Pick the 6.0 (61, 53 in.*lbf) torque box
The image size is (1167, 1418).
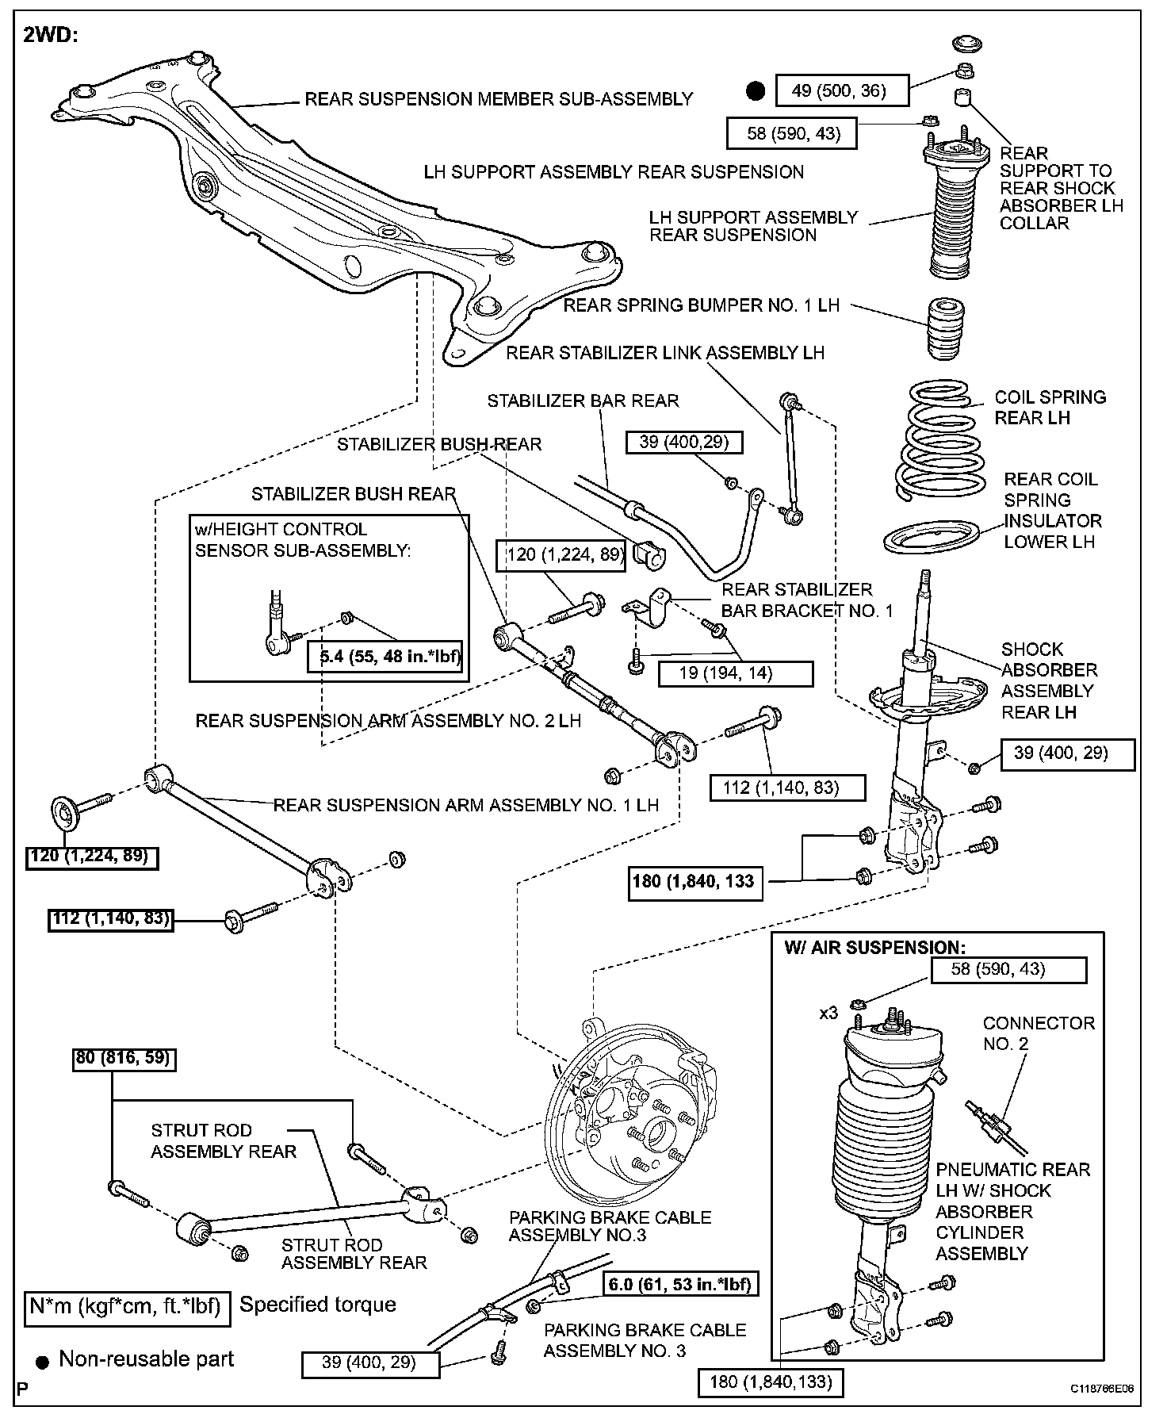tap(679, 1283)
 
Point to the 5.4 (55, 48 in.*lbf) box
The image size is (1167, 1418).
tap(385, 656)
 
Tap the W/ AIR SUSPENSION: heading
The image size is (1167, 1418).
tap(874, 947)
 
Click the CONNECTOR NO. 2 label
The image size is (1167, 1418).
tap(1039, 1033)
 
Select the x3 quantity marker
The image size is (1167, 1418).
tap(828, 1013)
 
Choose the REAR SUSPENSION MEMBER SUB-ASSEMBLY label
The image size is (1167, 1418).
tap(499, 99)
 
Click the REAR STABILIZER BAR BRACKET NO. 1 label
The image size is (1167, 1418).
tap(806, 600)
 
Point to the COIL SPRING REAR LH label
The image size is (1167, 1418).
tap(1050, 407)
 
